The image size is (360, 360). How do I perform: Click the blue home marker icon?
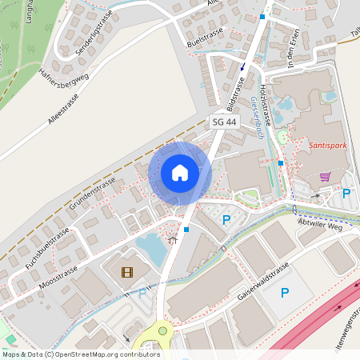[x=180, y=172]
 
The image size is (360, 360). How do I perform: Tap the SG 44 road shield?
[x=225, y=122]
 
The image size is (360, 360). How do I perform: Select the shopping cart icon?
[x=325, y=177]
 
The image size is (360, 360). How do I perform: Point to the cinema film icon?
[x=128, y=272]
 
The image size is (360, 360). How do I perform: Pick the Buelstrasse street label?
[x=203, y=37]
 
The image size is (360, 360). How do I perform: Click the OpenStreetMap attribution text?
[x=81, y=354]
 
